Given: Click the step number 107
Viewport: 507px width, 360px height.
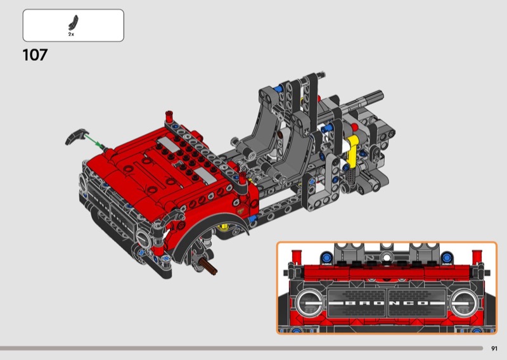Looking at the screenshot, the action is (35, 55).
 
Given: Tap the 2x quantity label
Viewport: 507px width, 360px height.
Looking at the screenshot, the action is (71, 34).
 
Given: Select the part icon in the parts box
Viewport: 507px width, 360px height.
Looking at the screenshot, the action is (74, 22).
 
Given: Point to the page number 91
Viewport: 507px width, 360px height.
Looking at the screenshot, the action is (494, 349).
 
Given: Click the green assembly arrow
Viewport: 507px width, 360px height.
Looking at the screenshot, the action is (94, 142).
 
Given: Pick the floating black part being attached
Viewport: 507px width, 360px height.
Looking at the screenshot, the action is (76, 136).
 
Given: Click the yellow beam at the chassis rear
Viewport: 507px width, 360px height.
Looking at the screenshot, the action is (352, 149).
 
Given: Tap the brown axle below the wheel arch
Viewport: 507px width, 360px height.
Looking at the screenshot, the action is (207, 266).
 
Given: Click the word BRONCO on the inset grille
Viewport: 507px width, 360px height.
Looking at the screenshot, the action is (387, 303).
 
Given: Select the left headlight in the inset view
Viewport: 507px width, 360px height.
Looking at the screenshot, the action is (310, 303).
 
